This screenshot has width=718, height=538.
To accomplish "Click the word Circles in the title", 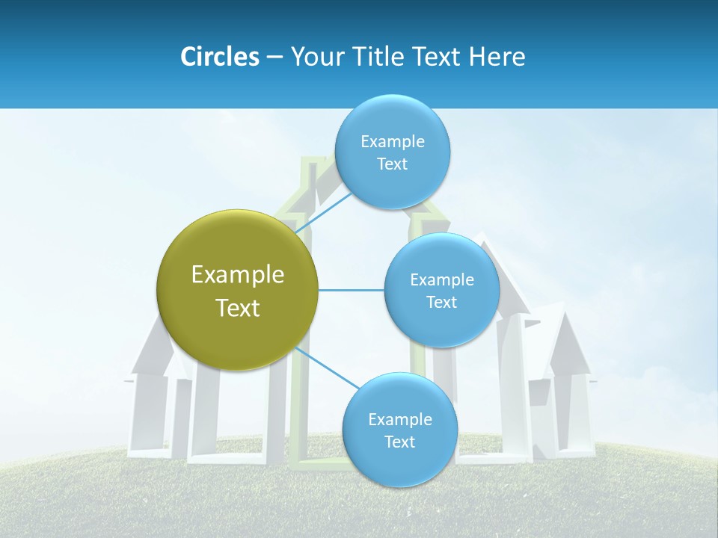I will (x=219, y=57).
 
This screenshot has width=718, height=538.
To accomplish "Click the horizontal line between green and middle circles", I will (x=352, y=290).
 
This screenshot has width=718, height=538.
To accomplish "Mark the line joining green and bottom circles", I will (x=326, y=367).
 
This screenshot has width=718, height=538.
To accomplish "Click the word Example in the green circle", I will (x=237, y=275).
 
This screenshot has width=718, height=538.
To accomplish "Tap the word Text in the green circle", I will (x=237, y=308).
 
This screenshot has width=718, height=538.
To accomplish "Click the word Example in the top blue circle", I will (x=392, y=142).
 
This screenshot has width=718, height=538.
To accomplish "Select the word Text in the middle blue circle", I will (x=441, y=303).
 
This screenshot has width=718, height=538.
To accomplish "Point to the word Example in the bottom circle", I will (x=399, y=420).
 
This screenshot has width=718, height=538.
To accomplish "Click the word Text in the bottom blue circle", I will (x=399, y=442).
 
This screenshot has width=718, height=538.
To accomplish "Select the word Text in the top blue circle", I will (x=392, y=164).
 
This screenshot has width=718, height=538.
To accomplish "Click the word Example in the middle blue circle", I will (x=441, y=280).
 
